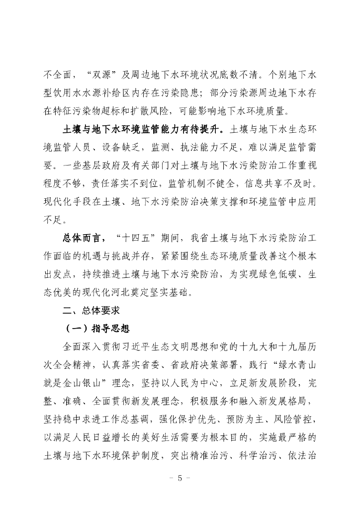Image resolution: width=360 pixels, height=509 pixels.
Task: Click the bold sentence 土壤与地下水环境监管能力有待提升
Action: point(144,130)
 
